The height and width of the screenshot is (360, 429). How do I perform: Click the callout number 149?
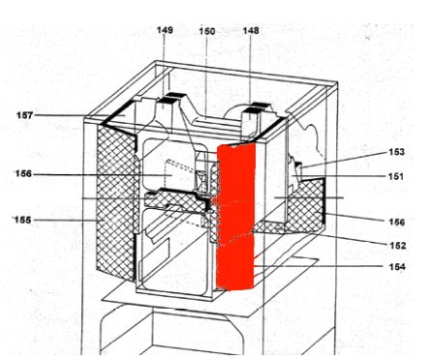click(x=165, y=31)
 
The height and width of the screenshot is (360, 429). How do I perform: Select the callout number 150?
click(x=207, y=31)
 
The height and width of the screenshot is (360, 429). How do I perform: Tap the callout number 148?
click(x=251, y=31)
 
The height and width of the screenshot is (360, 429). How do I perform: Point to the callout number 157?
click(x=24, y=115)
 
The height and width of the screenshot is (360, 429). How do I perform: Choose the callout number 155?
click(x=22, y=220)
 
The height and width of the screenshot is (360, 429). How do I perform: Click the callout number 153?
click(x=395, y=152)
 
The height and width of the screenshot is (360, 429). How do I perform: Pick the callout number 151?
click(x=395, y=176)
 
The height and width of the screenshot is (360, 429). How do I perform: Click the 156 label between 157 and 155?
click(x=24, y=174)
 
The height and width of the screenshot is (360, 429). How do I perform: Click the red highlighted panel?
click(x=236, y=218)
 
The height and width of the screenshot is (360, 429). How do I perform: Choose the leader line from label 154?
click(x=320, y=266)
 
